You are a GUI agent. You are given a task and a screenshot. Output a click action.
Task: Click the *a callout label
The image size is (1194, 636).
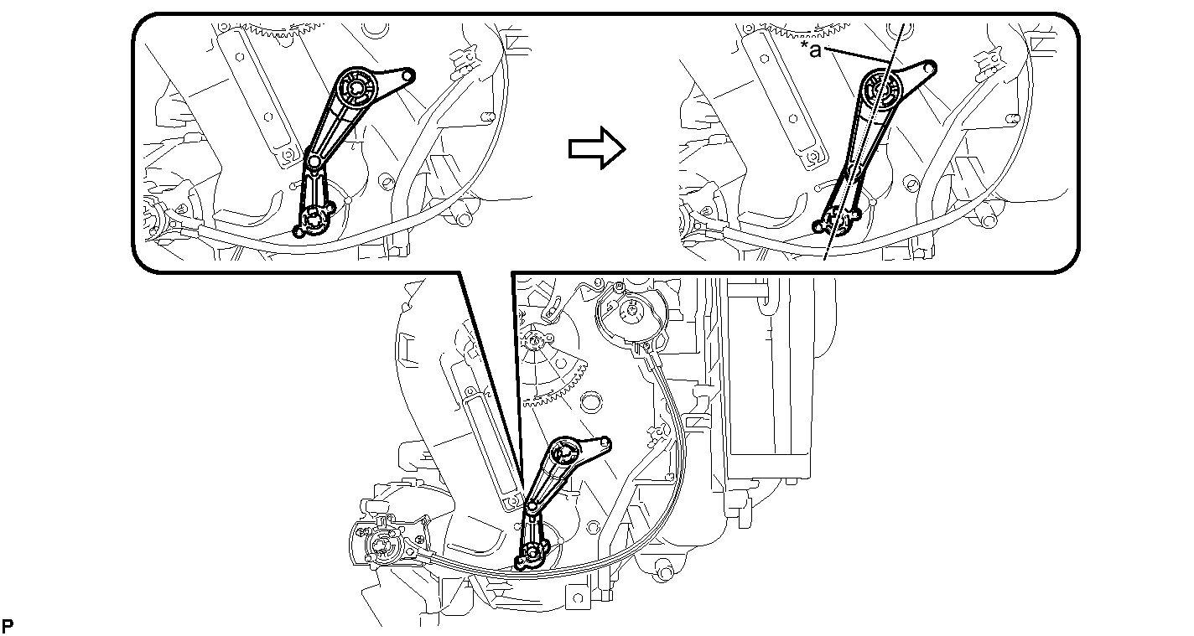coord(811,49)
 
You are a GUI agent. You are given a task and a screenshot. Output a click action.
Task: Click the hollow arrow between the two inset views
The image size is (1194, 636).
coord(596,148)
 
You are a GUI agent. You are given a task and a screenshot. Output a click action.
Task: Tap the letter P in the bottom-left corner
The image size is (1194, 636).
coord(8,626)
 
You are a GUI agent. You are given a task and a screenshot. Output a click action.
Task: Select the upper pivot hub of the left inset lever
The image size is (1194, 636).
coord(356,87)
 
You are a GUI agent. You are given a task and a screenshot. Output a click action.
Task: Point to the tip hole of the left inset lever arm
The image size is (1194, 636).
coord(407,75)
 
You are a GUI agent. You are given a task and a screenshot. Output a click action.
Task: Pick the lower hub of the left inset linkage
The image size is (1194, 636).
coord(313,219)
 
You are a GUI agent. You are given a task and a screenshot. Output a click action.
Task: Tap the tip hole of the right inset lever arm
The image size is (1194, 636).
coord(929,68)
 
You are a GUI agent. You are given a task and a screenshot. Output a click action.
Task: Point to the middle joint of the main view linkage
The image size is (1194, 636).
coord(532,507)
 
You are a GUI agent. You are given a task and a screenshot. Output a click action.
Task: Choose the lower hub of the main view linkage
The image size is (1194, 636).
coord(532,555)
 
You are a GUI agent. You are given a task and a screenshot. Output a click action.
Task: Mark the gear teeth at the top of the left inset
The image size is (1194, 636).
coord(278,30)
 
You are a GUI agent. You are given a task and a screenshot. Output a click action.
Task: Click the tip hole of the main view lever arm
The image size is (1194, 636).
coord(605,442)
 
